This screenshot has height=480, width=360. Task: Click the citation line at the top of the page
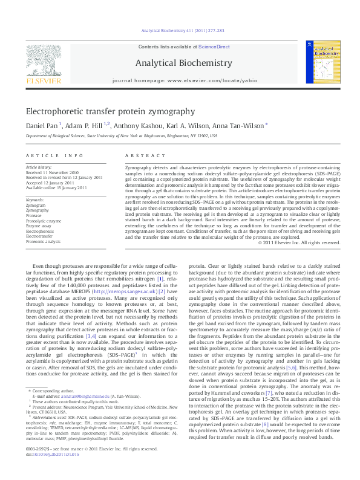(x=182, y=30)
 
